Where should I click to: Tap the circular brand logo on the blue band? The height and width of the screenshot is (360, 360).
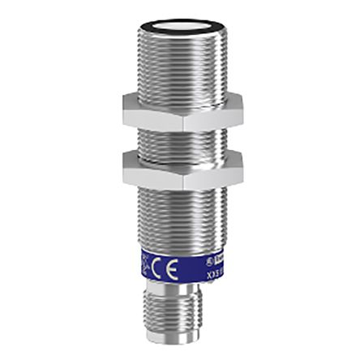tap(209, 262)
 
